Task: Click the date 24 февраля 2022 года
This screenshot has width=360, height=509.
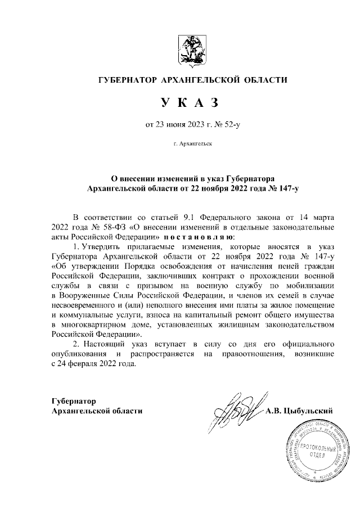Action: coord(96,364)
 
